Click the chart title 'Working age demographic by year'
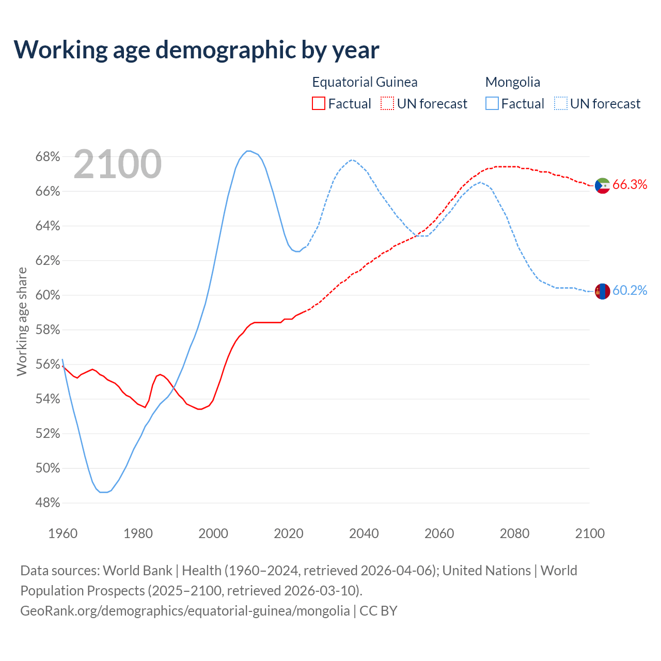tap(196, 50)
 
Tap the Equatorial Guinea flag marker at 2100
tap(603, 185)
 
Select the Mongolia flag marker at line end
tap(603, 291)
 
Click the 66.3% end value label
tap(629, 185)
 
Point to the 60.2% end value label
tap(629, 291)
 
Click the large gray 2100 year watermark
tap(118, 164)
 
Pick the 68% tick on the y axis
tap(48, 156)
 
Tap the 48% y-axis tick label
tap(48, 503)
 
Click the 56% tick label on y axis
tap(48, 365)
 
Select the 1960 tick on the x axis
tap(62, 533)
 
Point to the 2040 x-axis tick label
tap(364, 533)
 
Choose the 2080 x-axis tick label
tap(514, 533)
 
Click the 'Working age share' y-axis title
tap(22, 322)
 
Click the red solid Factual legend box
tap(319, 104)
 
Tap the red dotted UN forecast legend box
tap(387, 104)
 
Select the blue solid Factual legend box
tap(492, 104)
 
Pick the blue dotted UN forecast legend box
tap(561, 104)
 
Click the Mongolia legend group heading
tap(513, 82)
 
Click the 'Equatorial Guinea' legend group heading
tap(365, 82)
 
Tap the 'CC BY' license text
tap(379, 611)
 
